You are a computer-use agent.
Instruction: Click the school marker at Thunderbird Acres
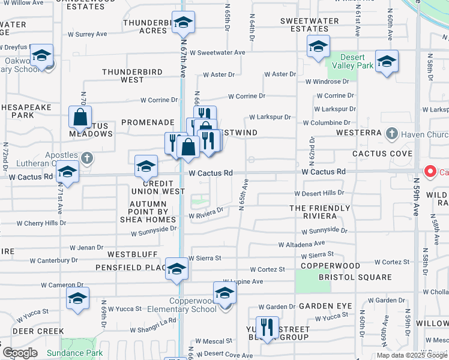[x=183, y=23]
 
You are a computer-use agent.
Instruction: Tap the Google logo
[x=19, y=353]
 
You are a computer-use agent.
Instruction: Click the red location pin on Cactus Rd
[x=430, y=172]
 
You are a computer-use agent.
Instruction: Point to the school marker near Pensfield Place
[x=176, y=269]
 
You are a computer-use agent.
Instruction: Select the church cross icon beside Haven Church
[x=391, y=133]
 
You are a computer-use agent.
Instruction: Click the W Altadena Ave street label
[x=301, y=244]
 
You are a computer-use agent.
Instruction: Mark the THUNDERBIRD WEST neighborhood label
[x=132, y=76]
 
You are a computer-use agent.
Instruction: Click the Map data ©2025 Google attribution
[x=412, y=355]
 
